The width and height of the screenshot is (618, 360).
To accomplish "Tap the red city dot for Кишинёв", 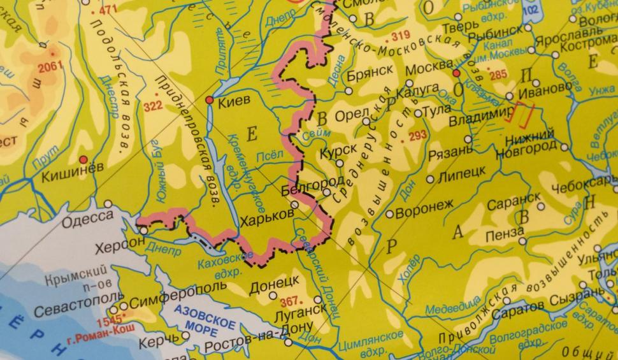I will point(83,159).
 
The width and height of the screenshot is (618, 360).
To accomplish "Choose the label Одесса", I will point(88,219).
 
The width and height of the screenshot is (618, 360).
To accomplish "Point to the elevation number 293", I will point(418,135).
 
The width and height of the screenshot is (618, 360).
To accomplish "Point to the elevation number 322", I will point(154,106).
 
